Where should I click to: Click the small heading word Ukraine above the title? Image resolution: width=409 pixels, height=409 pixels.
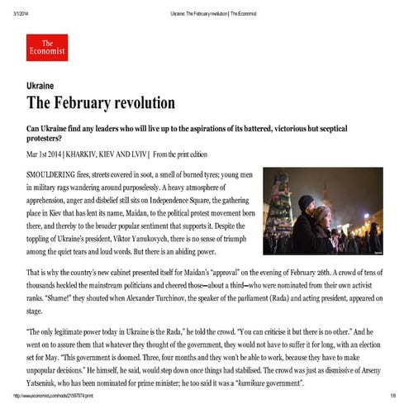40,85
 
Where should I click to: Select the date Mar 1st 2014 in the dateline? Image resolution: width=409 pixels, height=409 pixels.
53,155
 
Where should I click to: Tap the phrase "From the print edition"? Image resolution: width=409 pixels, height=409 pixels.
203,155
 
